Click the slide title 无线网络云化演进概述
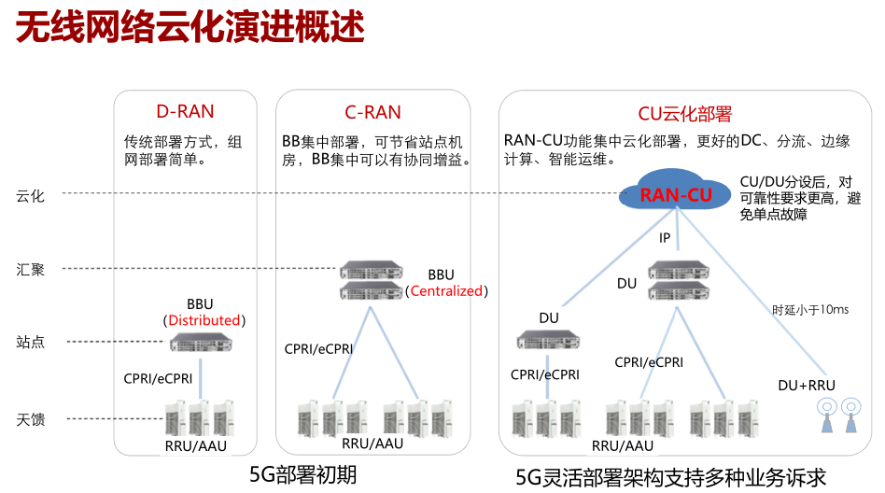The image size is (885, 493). (190, 28)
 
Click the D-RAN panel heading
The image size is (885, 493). (185, 112)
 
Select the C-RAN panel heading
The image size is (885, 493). (372, 113)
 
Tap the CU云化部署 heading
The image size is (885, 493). (684, 114)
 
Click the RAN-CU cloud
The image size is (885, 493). (676, 194)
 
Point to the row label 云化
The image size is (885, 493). (30, 195)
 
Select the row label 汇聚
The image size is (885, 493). (30, 270)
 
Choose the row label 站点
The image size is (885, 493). (30, 342)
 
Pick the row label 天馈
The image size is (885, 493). (30, 419)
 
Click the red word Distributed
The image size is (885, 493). (204, 320)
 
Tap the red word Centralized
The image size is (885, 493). (447, 290)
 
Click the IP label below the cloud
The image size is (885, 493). (665, 238)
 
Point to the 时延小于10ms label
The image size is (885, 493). (810, 309)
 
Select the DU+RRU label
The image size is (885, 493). (807, 385)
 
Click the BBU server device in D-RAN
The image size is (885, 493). (201, 345)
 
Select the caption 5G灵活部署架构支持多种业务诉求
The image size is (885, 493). (671, 477)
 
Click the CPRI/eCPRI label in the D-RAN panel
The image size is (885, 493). (158, 379)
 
